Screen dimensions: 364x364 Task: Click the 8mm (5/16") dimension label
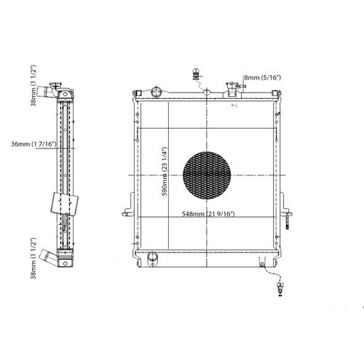click(x=263, y=78)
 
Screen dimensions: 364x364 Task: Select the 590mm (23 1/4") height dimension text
click(x=165, y=171)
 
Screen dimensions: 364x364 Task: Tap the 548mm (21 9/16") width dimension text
click(x=208, y=214)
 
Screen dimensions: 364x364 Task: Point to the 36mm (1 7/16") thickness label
click(x=33, y=144)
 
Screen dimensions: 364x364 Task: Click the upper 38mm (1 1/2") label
click(x=33, y=85)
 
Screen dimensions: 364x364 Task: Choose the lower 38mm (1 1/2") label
click(x=33, y=258)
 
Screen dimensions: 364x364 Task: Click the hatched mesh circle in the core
click(x=207, y=175)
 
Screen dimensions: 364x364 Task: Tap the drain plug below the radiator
click(x=280, y=289)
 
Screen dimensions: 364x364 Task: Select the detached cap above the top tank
click(x=196, y=74)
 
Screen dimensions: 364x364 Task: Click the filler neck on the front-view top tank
click(x=232, y=89)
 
